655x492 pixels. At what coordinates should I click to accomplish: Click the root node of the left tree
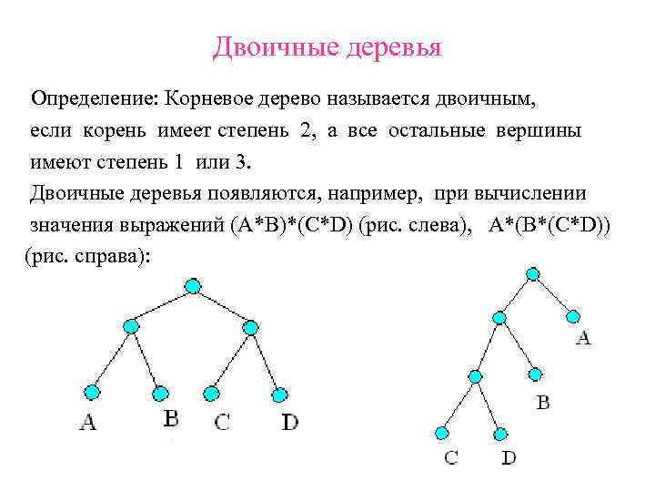click(x=192, y=286)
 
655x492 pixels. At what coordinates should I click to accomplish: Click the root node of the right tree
click(x=533, y=273)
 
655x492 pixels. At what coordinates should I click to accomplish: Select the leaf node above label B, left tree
click(x=160, y=394)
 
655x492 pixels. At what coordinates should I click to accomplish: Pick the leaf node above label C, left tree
click(x=211, y=394)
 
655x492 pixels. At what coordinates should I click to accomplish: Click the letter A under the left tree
click(x=87, y=422)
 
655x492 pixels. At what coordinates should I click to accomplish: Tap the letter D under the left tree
click(x=289, y=422)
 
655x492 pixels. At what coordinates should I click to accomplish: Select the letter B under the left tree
click(x=170, y=418)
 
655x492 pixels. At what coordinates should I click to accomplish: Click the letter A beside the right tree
click(x=583, y=339)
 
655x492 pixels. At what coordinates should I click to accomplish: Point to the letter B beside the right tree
click(x=542, y=402)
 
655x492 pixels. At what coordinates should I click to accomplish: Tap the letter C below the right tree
click(x=451, y=457)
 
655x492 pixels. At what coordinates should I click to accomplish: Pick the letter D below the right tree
click(x=509, y=457)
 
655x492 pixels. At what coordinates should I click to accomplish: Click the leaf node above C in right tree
click(x=442, y=432)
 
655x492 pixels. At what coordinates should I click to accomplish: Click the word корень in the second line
click(x=126, y=130)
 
